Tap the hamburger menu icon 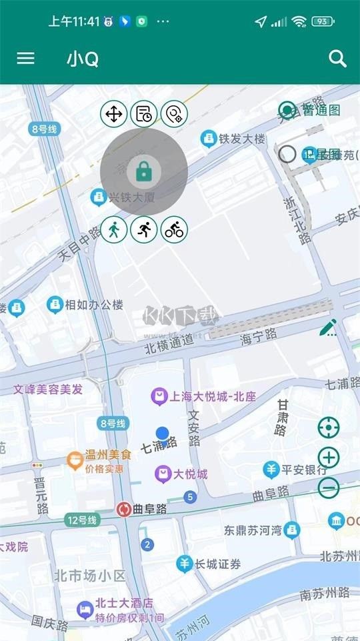pos(25,59)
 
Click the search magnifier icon pos(338,59)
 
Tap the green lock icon pos(143,171)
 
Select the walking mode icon pos(114,229)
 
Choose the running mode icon pos(144,229)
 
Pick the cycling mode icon pos(175,229)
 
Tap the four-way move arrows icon pos(114,114)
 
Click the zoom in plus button pos(329,458)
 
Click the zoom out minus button pos(329,488)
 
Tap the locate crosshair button pos(329,427)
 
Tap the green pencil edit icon pos(328,328)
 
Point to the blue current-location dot pos(162,434)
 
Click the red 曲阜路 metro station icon pos(123,510)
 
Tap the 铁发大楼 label pos(242,139)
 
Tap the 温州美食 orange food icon pos(75,459)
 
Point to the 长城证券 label pos(217,564)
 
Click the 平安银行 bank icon pos(271,470)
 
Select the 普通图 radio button pos(287,110)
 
